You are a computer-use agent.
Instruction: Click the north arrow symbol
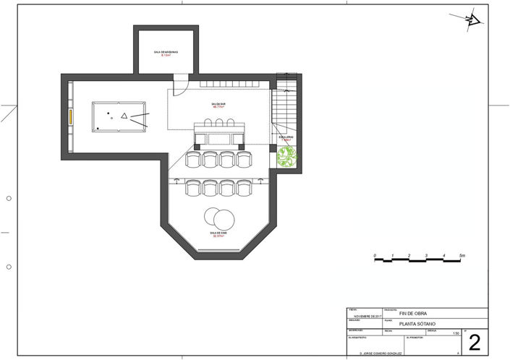click(x=472, y=21)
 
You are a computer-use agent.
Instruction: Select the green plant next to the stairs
click(x=287, y=157)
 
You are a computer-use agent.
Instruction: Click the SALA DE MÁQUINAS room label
click(x=165, y=53)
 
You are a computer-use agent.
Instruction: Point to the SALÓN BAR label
click(x=218, y=106)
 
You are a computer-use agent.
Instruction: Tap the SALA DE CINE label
click(x=219, y=234)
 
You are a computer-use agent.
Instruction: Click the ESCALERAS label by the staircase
click(x=286, y=136)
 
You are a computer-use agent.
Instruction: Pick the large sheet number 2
click(x=475, y=340)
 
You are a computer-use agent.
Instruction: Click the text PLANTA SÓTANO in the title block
click(x=419, y=324)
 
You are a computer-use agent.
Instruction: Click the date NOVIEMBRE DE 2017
click(x=369, y=316)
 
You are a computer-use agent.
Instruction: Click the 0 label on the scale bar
click(x=375, y=256)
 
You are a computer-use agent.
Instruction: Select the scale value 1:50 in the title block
click(x=455, y=334)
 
